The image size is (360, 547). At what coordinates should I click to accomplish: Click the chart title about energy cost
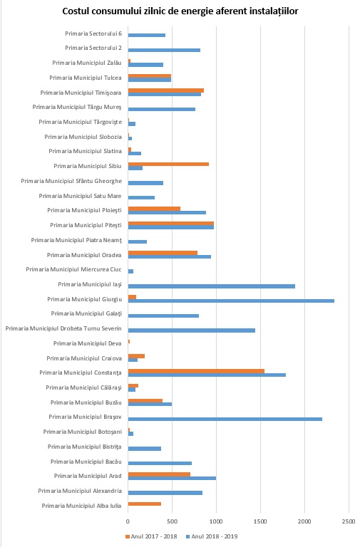pos(180,11)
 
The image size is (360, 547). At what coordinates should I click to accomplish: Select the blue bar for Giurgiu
pos(231,301)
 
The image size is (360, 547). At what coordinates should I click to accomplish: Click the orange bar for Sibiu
pos(168,164)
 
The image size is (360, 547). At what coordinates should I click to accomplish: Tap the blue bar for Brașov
pos(225,419)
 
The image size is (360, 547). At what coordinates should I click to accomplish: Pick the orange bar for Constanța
pos(196,371)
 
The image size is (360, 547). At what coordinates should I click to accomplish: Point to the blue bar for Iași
pos(212,286)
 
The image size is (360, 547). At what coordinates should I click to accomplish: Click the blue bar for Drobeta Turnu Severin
pos(192,330)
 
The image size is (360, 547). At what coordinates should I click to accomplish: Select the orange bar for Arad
pos(159,474)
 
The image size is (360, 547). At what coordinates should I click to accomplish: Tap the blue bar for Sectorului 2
pos(164,50)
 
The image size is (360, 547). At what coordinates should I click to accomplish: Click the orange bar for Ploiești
pos(154,209)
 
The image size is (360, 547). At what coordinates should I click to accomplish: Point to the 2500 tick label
pos(349,521)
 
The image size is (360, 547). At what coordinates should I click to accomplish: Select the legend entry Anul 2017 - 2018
pos(151,536)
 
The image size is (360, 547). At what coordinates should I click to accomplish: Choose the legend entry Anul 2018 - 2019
pos(212,536)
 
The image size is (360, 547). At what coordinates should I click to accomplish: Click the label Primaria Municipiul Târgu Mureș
pos(77,107)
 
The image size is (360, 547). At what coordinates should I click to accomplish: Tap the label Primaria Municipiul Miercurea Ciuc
pos(73,269)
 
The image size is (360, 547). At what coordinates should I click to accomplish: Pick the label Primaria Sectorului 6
pos(93,33)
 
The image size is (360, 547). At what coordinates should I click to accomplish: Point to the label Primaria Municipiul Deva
pos(87,343)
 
